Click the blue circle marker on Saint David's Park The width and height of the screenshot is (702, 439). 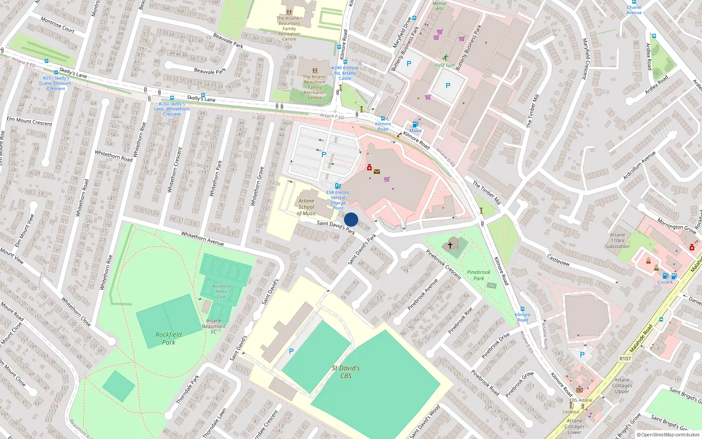[351, 219]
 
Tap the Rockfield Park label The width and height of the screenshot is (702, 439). [168, 338]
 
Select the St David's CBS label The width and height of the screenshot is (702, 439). [346, 372]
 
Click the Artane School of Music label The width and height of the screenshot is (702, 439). [306, 207]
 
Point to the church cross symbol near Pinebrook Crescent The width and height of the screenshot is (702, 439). [450, 245]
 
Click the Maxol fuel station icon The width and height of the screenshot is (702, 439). [415, 125]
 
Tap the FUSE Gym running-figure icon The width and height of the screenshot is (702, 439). [446, 58]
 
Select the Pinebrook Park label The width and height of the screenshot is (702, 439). [479, 275]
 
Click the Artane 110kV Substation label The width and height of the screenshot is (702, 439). [617, 241]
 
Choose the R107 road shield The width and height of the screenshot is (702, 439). [625, 359]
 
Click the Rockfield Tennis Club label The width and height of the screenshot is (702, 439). [221, 291]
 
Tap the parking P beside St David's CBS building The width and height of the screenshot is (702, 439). [291, 351]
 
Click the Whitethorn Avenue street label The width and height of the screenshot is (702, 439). [202, 238]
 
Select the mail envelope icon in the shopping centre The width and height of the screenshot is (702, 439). [377, 172]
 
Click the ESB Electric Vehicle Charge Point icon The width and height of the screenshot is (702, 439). [337, 186]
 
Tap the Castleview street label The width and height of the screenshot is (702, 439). [558, 260]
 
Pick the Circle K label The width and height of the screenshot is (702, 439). [665, 282]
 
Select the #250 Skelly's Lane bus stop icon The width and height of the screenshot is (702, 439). [172, 98]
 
